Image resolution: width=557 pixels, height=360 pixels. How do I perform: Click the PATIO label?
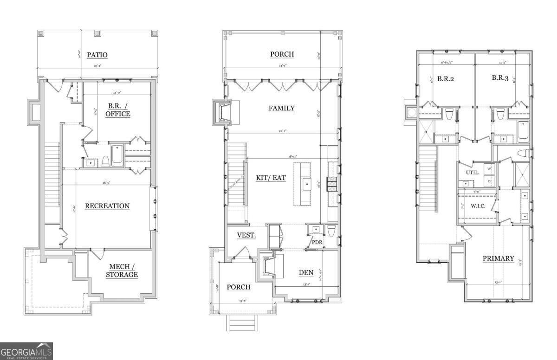[97, 55]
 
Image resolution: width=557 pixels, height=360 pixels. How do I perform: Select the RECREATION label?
[107, 206]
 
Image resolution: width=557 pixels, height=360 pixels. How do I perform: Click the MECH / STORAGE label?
[123, 270]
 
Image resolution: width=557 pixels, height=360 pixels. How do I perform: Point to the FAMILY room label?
[281, 108]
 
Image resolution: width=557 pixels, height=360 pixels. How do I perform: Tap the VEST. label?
[246, 235]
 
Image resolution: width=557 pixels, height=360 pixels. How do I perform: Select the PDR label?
[317, 242]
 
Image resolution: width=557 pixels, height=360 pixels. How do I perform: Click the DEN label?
[306, 272]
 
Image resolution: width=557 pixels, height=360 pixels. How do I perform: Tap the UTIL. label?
[472, 172]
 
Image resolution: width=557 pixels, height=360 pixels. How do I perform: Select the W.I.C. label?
[478, 206]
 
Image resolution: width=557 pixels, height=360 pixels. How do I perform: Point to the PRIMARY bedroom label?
[498, 258]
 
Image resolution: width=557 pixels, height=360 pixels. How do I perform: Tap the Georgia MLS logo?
[26, 351]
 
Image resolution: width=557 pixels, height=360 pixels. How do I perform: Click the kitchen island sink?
[307, 184]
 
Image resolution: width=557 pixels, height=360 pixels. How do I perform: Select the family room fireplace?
[223, 112]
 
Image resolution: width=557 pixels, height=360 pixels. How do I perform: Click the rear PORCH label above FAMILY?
[282, 54]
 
